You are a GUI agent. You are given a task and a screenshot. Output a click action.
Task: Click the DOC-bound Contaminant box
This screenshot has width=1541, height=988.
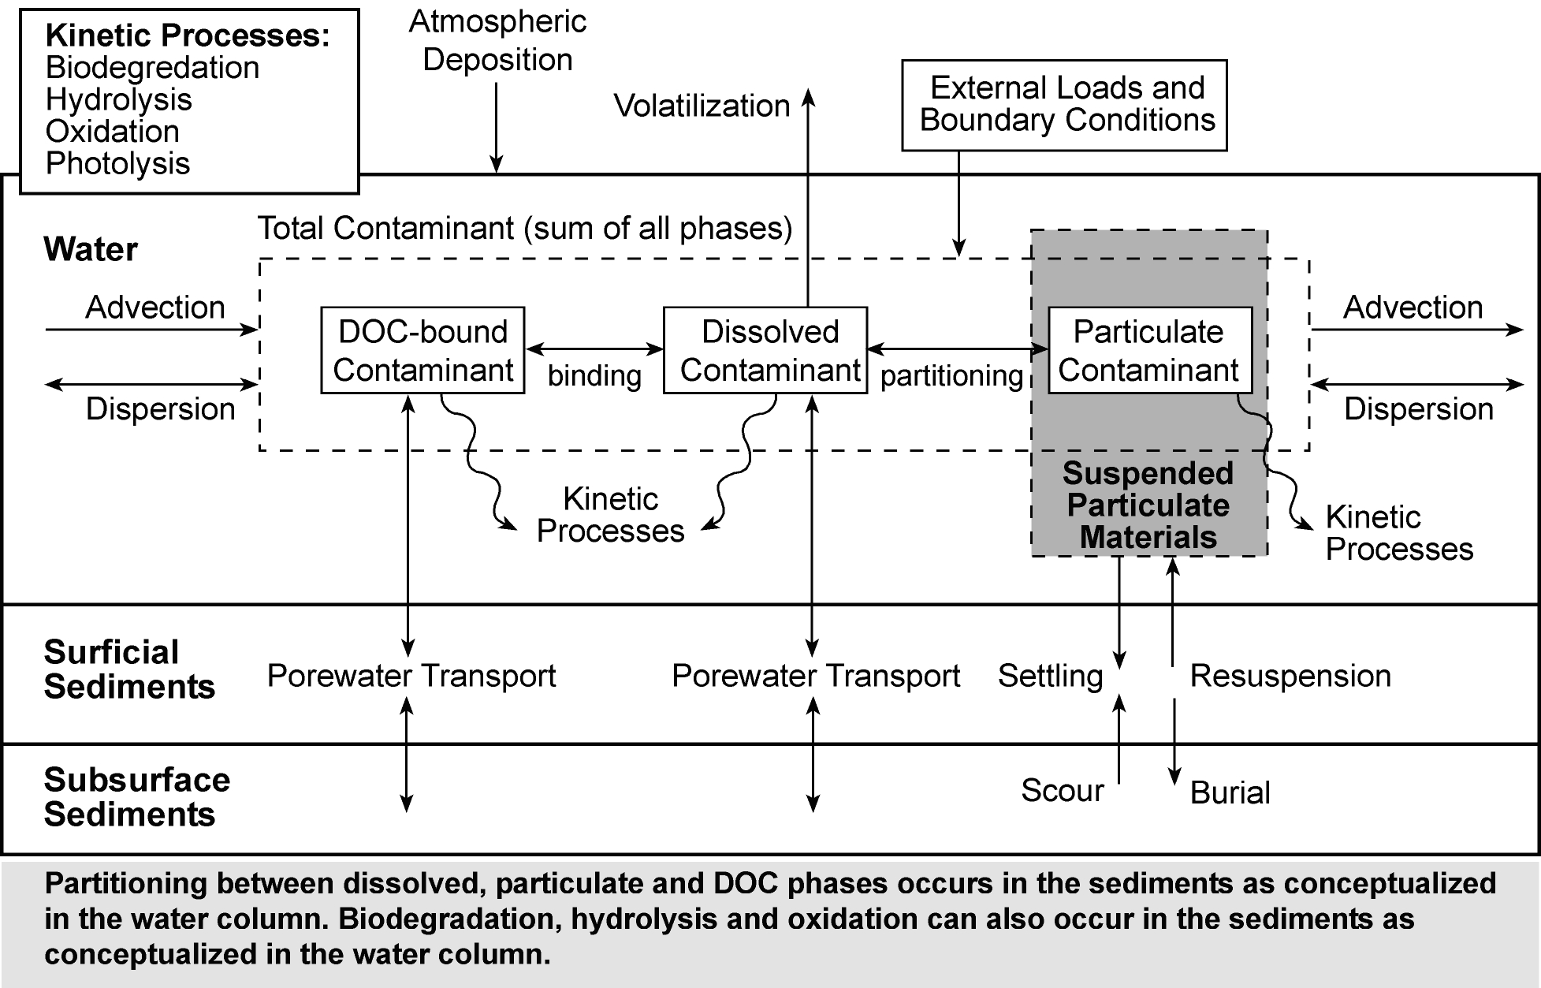422,350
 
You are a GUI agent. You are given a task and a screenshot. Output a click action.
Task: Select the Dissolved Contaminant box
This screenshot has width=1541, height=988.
765,350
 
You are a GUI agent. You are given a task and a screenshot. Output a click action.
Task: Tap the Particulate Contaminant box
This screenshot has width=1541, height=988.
1149,350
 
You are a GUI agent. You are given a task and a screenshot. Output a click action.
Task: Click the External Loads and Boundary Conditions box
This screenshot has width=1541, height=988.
1064,105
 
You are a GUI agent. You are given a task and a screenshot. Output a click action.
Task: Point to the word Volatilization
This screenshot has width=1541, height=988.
702,106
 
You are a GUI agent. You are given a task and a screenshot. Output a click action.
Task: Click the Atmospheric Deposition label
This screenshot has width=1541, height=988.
497,41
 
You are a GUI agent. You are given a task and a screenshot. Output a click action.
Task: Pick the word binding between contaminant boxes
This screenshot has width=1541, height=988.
594,376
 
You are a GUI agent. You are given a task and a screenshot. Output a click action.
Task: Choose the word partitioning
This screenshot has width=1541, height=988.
951,376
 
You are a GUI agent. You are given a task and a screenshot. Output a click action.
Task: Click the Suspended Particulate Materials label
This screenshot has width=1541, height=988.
1148,505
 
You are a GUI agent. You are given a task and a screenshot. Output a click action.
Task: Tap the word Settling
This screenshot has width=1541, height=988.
1050,677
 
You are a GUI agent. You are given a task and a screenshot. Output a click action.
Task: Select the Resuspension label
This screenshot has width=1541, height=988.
1290,677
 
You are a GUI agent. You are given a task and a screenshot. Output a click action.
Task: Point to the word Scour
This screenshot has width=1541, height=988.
1062,791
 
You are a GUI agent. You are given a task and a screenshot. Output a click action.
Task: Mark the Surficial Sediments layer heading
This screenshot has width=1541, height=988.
129,669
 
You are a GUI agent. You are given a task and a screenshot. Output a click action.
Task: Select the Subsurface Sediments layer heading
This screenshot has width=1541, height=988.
136,797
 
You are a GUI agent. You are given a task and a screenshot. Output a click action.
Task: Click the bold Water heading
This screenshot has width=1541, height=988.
91,249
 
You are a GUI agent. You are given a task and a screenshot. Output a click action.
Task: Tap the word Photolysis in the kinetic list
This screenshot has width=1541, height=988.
118,164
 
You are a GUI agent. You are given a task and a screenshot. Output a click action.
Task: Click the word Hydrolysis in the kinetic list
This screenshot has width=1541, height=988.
119,100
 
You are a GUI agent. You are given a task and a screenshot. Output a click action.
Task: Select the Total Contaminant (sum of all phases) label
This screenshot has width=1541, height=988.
525,229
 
